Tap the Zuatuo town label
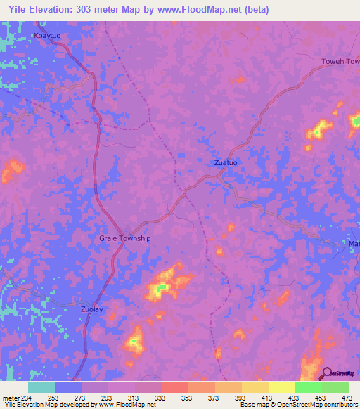226,162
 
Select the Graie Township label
124,238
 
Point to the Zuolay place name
91,309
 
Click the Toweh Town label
340,62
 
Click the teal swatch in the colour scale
41,387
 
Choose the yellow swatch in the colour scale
282,387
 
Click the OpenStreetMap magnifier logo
327,373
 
